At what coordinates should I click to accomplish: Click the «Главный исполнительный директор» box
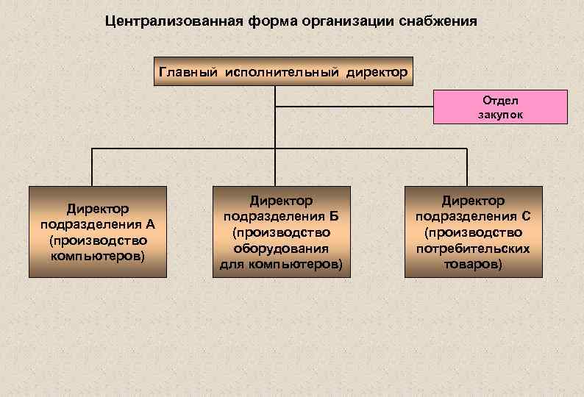[x=283, y=72]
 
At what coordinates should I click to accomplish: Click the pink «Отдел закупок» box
[x=499, y=107]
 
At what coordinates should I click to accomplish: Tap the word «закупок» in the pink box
[x=499, y=115]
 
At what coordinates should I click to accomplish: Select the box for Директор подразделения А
[x=93, y=232]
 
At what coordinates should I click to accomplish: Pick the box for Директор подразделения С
[x=473, y=232]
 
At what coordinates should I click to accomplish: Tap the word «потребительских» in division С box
[x=473, y=248]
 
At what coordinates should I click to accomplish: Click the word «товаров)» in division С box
[x=473, y=263]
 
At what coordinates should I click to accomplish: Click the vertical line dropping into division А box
[x=93, y=167]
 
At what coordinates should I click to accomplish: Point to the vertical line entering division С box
[x=466, y=167]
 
